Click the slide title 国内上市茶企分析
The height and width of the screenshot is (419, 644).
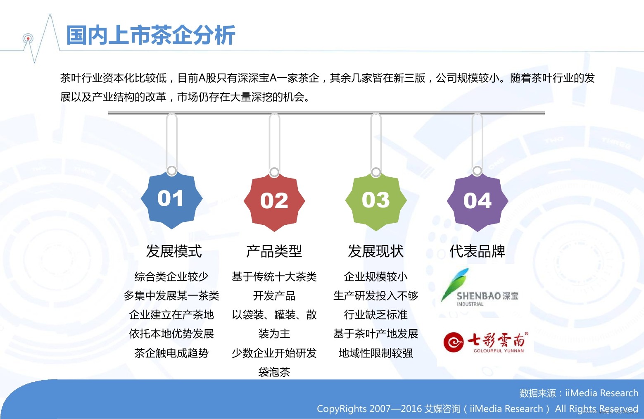pyautogui.click(x=151, y=35)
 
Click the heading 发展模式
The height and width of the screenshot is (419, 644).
pyautogui.click(x=173, y=251)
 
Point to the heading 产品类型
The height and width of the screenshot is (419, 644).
pyautogui.click(x=274, y=251)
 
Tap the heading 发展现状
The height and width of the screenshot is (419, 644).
pyautogui.click(x=376, y=251)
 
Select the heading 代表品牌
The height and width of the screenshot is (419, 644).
pyautogui.click(x=477, y=251)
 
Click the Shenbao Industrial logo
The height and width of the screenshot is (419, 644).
pyautogui.click(x=480, y=288)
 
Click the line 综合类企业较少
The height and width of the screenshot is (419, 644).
pyautogui.click(x=171, y=277)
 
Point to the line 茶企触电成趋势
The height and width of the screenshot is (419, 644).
pyautogui.click(x=171, y=353)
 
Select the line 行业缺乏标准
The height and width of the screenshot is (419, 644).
pyautogui.click(x=376, y=315)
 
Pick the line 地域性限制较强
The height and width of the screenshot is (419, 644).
pyautogui.click(x=376, y=353)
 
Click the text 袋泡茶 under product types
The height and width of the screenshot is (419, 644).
pyautogui.click(x=274, y=372)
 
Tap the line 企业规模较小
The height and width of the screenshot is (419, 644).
pyautogui.click(x=376, y=277)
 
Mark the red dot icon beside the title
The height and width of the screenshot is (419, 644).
pyautogui.click(x=28, y=38)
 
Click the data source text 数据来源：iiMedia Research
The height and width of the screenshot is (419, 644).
pyautogui.click(x=578, y=393)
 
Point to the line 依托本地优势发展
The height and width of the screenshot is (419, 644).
pyautogui.click(x=171, y=334)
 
